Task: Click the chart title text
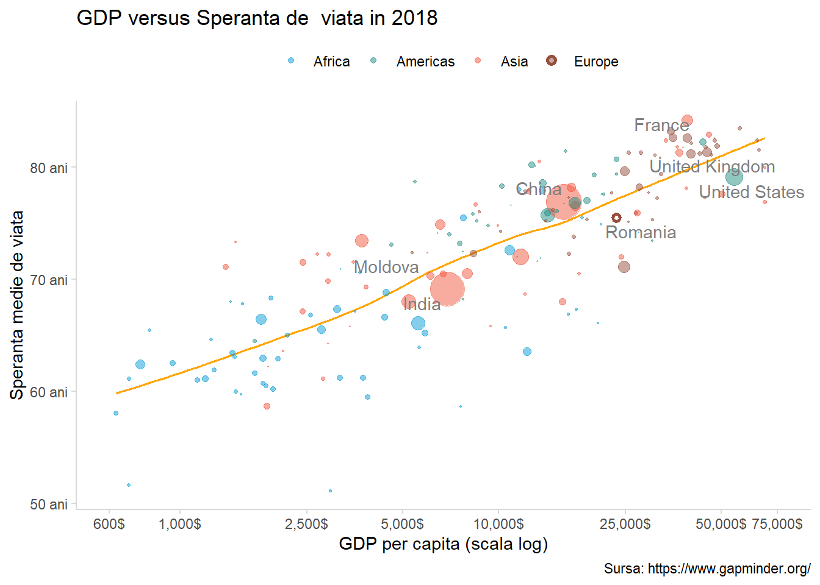pyautogui.click(x=257, y=18)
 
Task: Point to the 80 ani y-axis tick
pyautogui.click(x=49, y=168)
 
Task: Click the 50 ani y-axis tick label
pyautogui.click(x=49, y=505)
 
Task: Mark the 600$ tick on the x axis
pyautogui.click(x=109, y=524)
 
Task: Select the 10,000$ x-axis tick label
pyautogui.click(x=498, y=524)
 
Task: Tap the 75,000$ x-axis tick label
pyautogui.click(x=777, y=524)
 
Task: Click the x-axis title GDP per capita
pyautogui.click(x=443, y=544)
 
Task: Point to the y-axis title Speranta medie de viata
pyautogui.click(x=17, y=305)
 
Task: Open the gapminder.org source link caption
pyautogui.click(x=707, y=569)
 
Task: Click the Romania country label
pyautogui.click(x=641, y=233)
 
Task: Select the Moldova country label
pyautogui.click(x=386, y=267)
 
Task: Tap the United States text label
pyautogui.click(x=751, y=192)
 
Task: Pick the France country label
pyautogui.click(x=661, y=125)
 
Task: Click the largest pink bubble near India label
pyautogui.click(x=447, y=289)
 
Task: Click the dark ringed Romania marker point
pyautogui.click(x=616, y=218)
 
